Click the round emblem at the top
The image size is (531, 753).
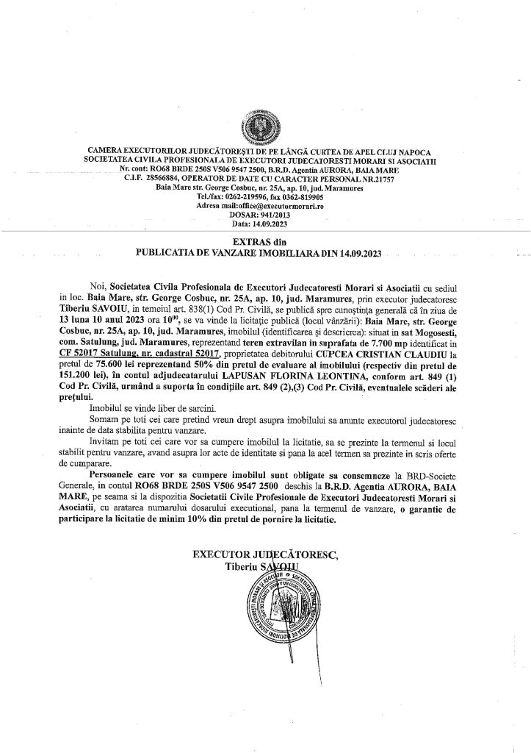click(264, 126)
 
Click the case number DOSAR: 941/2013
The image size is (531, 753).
click(265, 214)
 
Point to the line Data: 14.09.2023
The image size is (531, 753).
click(265, 222)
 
